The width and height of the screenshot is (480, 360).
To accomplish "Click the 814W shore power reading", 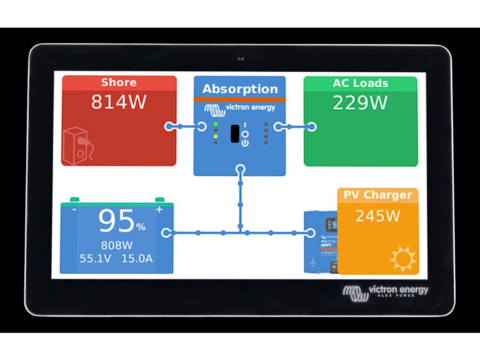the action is point(119,102).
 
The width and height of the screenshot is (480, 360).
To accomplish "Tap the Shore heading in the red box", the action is point(119,83).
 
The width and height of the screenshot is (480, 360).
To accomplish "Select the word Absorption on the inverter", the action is point(240,89).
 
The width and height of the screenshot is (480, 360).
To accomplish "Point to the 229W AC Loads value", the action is point(360,103).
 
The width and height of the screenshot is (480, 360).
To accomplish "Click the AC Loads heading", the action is point(360,83).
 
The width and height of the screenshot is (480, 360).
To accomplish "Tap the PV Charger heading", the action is point(378,195).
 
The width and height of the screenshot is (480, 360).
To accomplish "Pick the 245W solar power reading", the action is point(378,216).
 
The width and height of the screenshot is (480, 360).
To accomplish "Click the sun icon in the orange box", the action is point(403,258).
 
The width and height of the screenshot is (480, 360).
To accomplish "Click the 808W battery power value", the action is point(117,245).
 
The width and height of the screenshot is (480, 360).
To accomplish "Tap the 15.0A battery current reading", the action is point(137,258).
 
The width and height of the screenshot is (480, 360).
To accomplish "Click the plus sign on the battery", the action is point(159,210).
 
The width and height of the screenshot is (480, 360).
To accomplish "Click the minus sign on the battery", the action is point(75,210).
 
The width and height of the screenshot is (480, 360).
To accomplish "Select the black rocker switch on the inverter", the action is point(235,134).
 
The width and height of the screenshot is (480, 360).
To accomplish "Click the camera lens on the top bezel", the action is point(240,57).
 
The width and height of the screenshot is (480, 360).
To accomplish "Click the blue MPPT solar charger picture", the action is point(321,241).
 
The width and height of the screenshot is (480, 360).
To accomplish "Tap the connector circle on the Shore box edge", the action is point(169,127).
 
